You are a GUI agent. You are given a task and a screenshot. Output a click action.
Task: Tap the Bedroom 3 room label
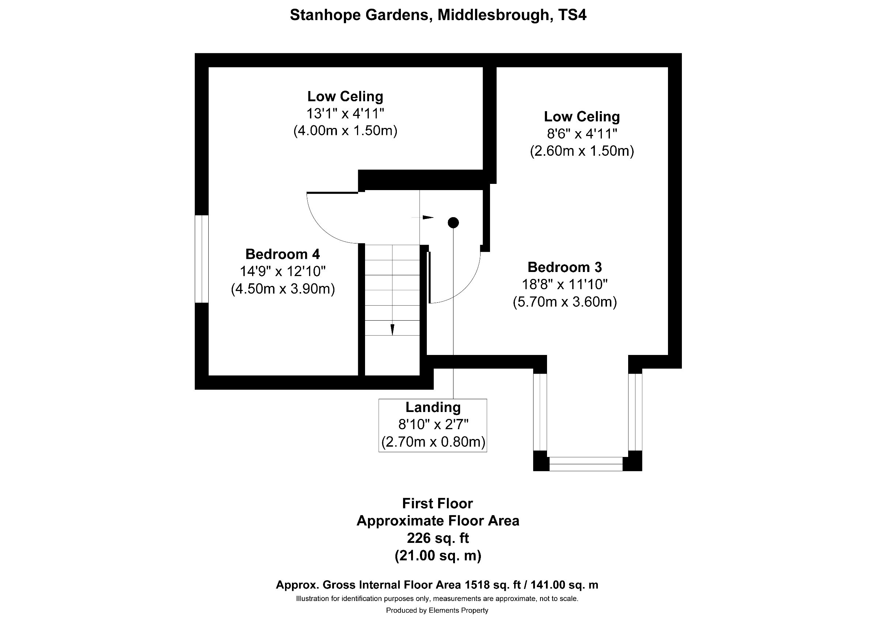tap(565, 267)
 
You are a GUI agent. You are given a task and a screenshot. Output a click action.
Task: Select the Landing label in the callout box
tap(433, 407)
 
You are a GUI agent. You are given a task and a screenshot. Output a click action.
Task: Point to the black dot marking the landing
tap(453, 222)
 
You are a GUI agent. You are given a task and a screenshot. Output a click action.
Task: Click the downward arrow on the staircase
tap(392, 329)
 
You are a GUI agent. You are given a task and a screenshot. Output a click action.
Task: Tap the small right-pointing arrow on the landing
tap(428, 218)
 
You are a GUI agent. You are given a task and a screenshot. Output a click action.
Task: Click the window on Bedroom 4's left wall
tap(202, 259)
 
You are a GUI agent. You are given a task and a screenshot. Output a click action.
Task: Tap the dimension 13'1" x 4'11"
tap(345, 113)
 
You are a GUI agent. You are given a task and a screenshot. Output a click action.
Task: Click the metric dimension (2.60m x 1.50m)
tap(582, 151)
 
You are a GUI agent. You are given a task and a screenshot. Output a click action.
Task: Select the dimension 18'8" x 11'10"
tap(565, 285)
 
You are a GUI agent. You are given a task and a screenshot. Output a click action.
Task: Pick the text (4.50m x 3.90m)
tap(283, 289)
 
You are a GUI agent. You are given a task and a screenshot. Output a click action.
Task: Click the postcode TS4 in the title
tap(572, 15)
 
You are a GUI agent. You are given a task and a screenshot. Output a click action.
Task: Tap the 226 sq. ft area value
tap(438, 538)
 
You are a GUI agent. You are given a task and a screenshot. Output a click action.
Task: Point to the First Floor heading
tap(437, 503)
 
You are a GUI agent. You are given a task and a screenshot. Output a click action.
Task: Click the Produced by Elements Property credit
tap(437, 610)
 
